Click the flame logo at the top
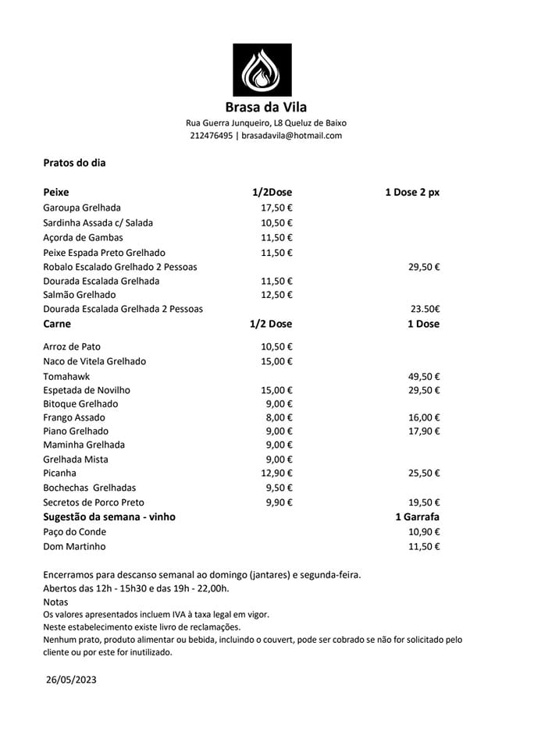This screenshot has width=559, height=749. (x=262, y=69)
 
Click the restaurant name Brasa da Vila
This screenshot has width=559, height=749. (x=266, y=108)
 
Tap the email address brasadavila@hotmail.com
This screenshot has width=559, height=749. (x=292, y=136)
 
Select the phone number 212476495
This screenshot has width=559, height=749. (x=211, y=136)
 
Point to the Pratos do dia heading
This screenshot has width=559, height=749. (x=74, y=163)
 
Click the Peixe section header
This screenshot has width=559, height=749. (x=56, y=192)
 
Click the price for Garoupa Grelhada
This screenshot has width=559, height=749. (x=276, y=208)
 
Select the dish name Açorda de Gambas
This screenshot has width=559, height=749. (x=83, y=237)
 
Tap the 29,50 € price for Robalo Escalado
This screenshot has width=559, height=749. (x=424, y=267)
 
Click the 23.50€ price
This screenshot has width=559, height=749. (x=425, y=309)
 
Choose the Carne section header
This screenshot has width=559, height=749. (x=57, y=324)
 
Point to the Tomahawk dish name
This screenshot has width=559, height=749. (x=66, y=376)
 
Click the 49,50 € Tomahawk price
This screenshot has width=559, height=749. (x=425, y=376)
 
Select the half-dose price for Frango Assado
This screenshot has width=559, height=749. (x=279, y=417)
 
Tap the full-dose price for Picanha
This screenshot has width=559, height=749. (x=425, y=473)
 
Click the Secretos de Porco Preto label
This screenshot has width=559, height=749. (x=94, y=502)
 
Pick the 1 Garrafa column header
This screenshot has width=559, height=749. (x=417, y=516)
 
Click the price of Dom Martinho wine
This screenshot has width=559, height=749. (x=425, y=546)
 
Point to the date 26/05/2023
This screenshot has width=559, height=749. (x=71, y=680)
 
